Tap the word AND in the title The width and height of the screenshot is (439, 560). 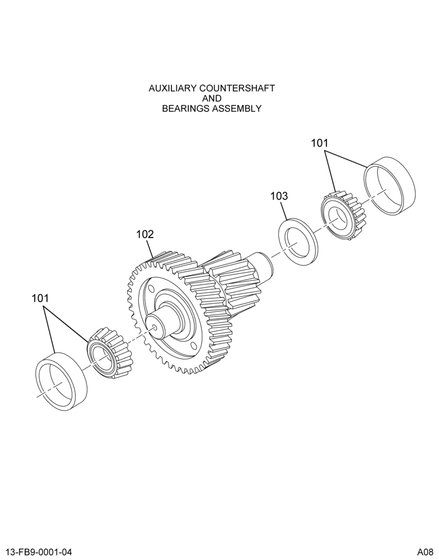pyautogui.click(x=212, y=98)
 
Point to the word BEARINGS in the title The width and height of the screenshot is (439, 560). pyautogui.click(x=185, y=109)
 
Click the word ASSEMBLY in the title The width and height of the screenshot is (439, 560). pyautogui.click(x=237, y=109)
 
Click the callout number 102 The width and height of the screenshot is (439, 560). pyautogui.click(x=144, y=235)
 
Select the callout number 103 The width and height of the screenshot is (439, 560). pyautogui.click(x=279, y=196)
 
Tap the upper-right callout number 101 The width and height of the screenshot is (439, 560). pyautogui.click(x=319, y=143)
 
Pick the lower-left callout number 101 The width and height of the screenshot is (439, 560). pyautogui.click(x=40, y=298)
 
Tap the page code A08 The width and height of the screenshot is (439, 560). pyautogui.click(x=426, y=552)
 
